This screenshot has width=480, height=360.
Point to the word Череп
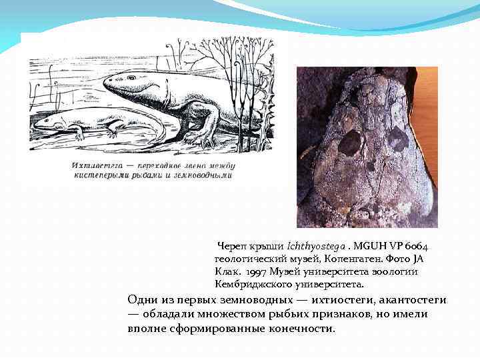tap(231, 247)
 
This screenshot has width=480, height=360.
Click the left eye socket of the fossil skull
tap(349, 143)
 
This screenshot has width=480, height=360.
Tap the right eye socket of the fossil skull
tap(398, 139)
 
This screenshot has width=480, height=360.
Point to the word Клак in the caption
tap(227, 271)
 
